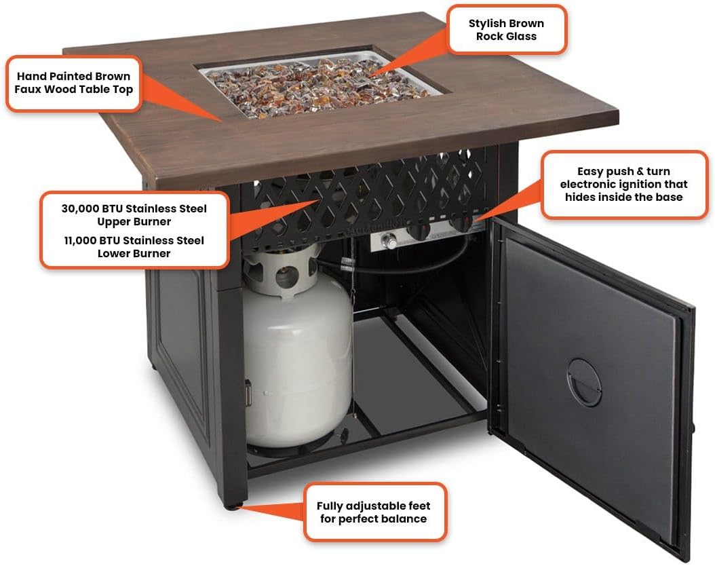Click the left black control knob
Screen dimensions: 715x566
click(419, 231)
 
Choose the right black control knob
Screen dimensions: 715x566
click(461, 223)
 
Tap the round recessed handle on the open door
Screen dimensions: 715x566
click(584, 382)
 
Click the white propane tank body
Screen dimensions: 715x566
click(298, 360)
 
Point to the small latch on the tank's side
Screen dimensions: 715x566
click(248, 393)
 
